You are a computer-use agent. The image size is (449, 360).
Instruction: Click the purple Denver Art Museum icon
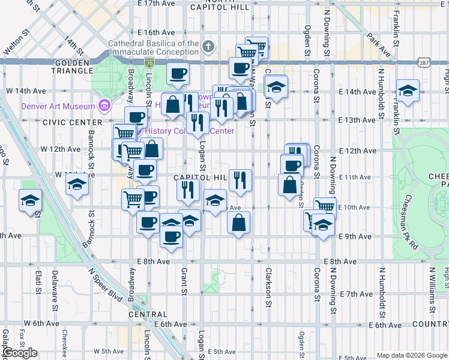coord(105,106)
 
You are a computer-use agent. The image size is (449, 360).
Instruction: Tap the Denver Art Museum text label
coord(58,106)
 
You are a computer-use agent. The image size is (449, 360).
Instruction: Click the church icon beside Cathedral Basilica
coord(208,46)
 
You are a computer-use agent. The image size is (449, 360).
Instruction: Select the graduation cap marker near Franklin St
coord(408,91)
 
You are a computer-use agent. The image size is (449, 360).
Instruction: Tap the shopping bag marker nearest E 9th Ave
coord(239,223)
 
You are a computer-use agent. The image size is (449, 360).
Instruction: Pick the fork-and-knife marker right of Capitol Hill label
coord(240,179)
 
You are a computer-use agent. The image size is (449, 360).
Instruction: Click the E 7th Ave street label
coord(356,294)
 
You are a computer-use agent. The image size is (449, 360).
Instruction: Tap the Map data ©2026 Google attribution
coord(412,355)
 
